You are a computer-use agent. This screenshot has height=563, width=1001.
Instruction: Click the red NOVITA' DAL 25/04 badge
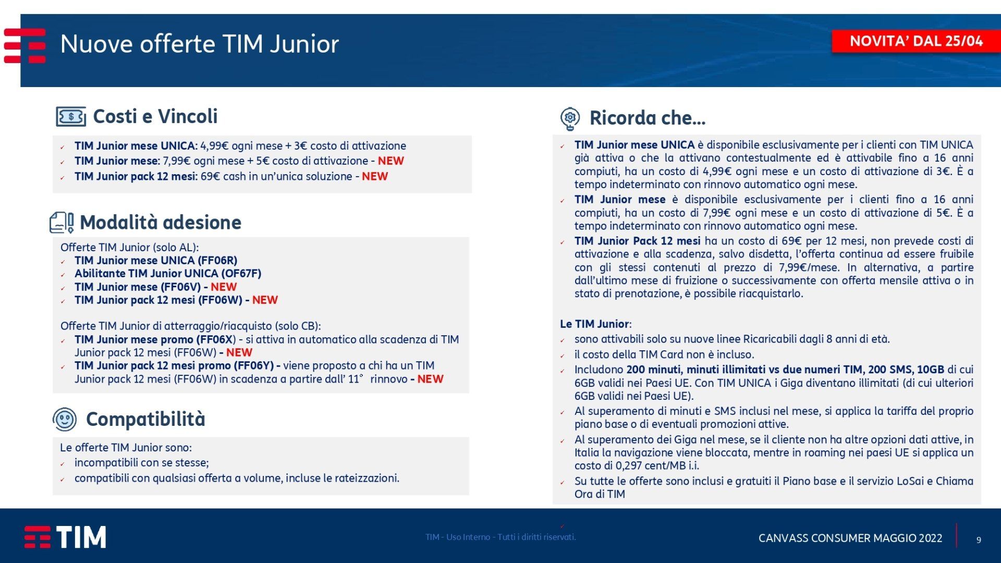[916, 41]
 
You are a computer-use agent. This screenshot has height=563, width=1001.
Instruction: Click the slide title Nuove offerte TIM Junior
[200, 44]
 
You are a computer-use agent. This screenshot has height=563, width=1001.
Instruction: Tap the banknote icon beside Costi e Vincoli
[71, 117]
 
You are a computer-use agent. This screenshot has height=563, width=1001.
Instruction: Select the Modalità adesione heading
[161, 223]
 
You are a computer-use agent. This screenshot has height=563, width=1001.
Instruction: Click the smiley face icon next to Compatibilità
[65, 419]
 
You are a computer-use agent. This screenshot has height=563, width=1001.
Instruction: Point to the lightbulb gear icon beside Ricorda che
[570, 118]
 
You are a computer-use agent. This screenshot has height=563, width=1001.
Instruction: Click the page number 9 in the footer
[979, 540]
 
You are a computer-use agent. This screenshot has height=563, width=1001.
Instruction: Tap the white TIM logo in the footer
[65, 537]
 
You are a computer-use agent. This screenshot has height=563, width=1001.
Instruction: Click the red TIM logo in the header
[25, 46]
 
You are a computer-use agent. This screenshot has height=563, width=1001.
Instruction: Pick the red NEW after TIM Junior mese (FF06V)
[224, 287]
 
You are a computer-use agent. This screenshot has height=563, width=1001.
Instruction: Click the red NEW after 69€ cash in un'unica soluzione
[375, 176]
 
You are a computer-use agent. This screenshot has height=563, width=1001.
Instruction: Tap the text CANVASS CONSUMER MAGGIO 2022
[850, 538]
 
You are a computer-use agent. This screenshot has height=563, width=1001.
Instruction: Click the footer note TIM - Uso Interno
[500, 537]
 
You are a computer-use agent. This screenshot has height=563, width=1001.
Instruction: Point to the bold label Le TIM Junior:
[596, 324]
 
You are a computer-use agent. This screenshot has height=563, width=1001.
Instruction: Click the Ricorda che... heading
[648, 118]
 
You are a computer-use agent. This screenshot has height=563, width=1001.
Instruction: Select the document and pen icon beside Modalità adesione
[62, 223]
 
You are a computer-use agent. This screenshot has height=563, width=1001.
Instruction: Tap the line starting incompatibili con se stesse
[142, 463]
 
